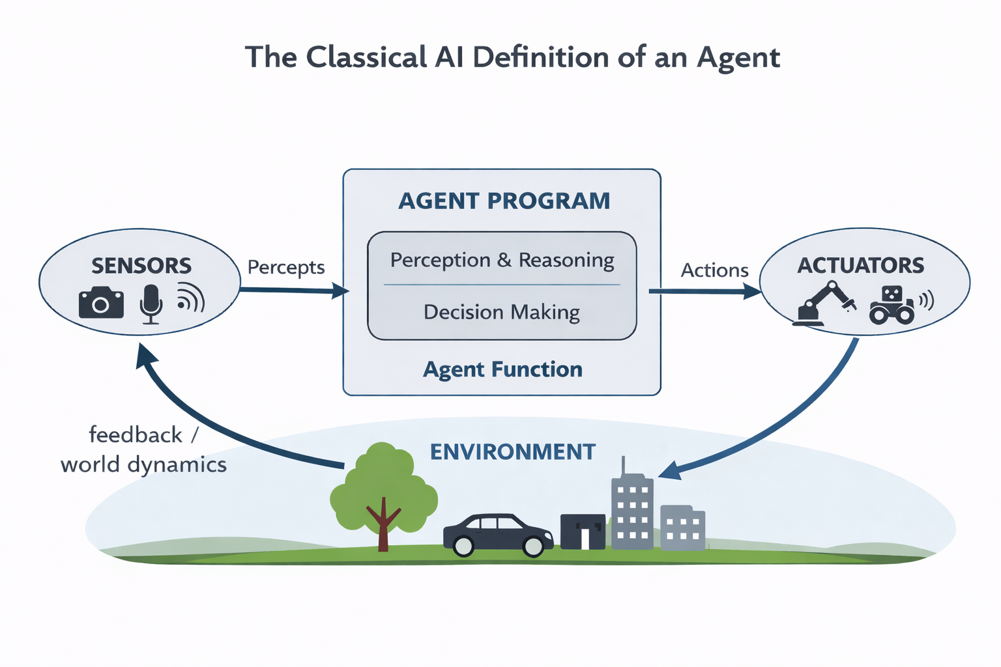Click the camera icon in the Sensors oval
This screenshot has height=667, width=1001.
tap(101, 302)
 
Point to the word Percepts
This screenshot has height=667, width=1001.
tap(286, 267)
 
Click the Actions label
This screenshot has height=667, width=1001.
tap(714, 270)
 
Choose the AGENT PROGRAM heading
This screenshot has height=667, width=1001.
tap(504, 201)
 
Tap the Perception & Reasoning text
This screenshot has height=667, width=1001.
tap(502, 260)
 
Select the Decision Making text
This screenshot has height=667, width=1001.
tap(501, 312)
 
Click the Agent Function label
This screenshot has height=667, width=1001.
tap(502, 369)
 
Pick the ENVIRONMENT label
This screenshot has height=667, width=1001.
tap(512, 452)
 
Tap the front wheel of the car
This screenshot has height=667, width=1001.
tap(534, 546)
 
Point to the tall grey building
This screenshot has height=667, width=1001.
tap(631, 511)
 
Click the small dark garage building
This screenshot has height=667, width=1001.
tap(583, 532)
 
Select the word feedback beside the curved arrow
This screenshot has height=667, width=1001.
tap(136, 434)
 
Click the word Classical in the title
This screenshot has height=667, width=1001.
tap(366, 57)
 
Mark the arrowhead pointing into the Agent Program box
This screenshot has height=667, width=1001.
tap(341, 291)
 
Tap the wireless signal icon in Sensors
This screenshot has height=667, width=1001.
tap(190, 299)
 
